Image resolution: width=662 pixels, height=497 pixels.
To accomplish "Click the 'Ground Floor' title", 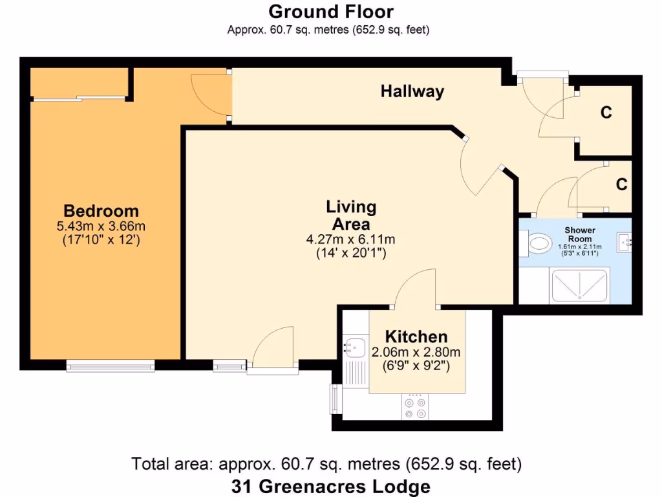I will tap(330, 12).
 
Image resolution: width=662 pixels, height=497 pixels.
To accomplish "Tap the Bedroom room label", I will tap(101, 211).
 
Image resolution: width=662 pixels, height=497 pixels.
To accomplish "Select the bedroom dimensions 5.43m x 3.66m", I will tap(101, 226).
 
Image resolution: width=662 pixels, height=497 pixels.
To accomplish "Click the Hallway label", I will tap(412, 91).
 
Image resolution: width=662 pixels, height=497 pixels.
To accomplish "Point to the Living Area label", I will tap(350, 215).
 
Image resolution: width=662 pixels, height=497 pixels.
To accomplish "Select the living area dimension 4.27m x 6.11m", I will tap(350, 239).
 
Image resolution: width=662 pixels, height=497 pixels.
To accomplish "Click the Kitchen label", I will tap(416, 337).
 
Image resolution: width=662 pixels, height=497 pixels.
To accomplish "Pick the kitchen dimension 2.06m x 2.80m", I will tap(416, 352).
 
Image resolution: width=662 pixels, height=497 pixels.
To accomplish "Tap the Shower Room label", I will tap(579, 234).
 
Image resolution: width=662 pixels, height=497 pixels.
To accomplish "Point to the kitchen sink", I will tap(354, 348).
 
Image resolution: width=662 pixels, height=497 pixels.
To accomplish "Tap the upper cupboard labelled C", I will tap(606, 113).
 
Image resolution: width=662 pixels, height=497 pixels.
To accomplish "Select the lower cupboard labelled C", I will tap(621, 185).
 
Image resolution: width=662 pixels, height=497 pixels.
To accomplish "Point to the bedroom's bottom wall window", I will tap(110, 366).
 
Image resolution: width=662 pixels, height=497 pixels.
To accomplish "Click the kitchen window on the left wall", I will tap(336, 399).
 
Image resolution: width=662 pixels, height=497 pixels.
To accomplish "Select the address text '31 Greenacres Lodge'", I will tap(330, 486).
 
